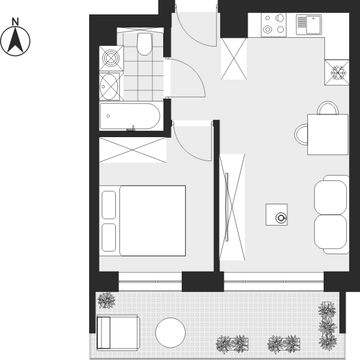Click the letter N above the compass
click(x=15, y=21)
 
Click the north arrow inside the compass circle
click(x=15, y=40)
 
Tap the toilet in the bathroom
click(x=144, y=44)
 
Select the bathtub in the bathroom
click(x=130, y=116)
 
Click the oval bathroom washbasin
click(x=109, y=86)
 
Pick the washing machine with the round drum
click(x=111, y=58)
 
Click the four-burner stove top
click(x=274, y=25)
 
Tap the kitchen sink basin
click(x=313, y=25)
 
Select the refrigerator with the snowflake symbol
click(x=337, y=73)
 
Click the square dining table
click(x=328, y=134)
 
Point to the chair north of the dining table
click(x=328, y=108)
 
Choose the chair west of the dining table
click(x=301, y=134)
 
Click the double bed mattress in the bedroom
click(x=153, y=221)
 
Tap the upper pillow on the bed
click(x=108, y=205)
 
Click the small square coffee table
click(x=276, y=215)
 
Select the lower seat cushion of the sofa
click(x=331, y=232)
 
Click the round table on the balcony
click(x=170, y=333)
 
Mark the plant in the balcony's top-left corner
click(x=106, y=300)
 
